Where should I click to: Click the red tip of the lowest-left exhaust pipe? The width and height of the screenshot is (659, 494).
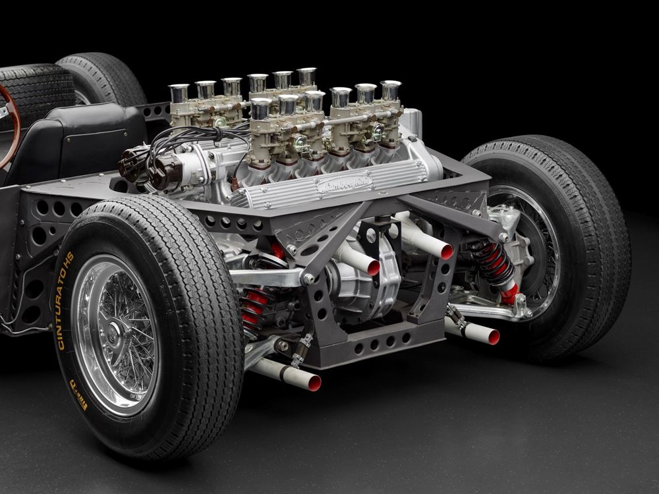[x=314, y=383]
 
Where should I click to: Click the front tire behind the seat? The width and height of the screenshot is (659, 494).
[x=99, y=79]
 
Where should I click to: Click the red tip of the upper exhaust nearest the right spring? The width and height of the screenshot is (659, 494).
[x=446, y=251]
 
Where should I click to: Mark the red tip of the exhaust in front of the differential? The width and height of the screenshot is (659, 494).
[x=373, y=268]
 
